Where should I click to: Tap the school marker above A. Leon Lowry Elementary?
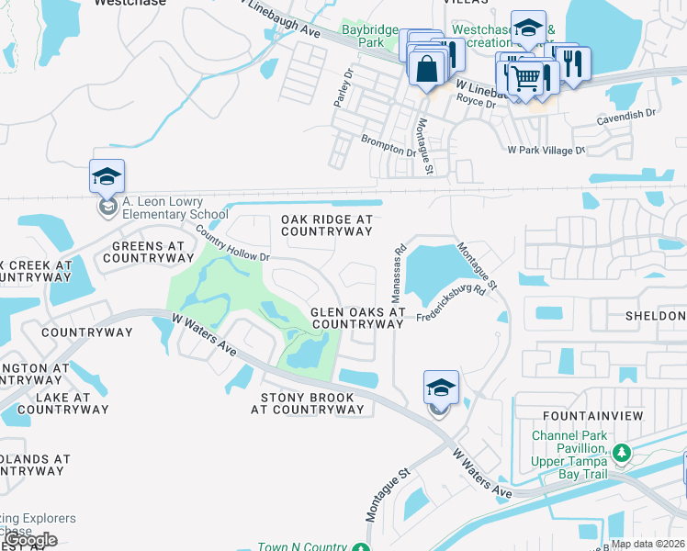pos(107,176)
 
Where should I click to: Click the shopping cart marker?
pos(524,79)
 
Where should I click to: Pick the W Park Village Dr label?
pos(546,149)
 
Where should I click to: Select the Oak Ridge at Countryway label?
pos(326,226)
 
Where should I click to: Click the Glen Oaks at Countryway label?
pos(357,318)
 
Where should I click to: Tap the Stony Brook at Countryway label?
pos(308,402)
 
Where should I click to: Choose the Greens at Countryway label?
pos(150,252)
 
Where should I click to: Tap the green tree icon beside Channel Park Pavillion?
pos(622,453)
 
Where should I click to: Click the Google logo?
pos(29,539)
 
